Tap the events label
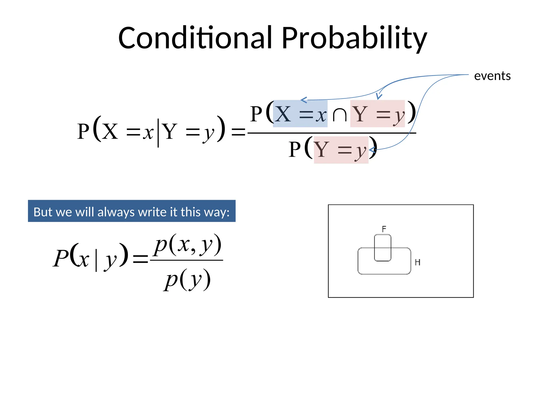tap(492, 76)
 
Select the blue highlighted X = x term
tap(300, 114)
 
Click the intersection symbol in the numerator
tap(339, 115)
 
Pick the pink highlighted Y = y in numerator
tap(378, 114)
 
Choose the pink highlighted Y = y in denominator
tap(341, 150)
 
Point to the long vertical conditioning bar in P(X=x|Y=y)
tap(158, 133)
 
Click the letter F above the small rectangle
tap(384, 229)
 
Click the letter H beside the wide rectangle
tap(417, 263)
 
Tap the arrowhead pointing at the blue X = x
tap(303, 100)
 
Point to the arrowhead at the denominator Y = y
tap(371, 150)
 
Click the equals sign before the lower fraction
tap(140, 259)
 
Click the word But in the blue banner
tap(42, 212)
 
